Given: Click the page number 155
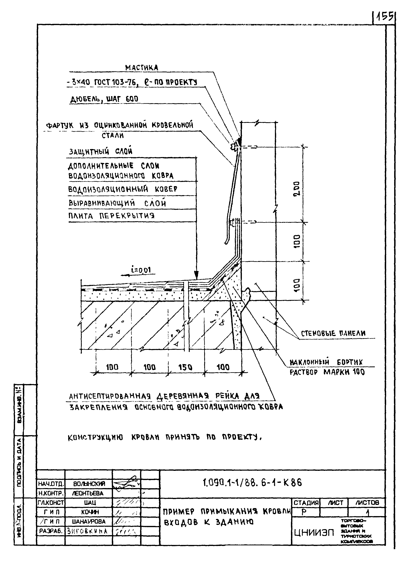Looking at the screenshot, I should click(384, 17).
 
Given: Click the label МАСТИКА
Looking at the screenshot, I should click(142, 68).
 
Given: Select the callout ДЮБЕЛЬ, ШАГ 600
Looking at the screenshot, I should click(104, 99).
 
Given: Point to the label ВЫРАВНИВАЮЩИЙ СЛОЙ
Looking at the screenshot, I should click(117, 203).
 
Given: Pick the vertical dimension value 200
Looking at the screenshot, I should click(297, 188).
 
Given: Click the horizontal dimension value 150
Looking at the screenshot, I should click(186, 367).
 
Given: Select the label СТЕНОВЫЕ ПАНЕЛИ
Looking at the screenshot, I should click(333, 333).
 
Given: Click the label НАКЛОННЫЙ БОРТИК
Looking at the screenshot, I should click(326, 362).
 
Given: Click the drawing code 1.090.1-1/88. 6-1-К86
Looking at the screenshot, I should click(252, 483).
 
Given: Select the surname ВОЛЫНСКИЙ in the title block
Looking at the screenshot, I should click(89, 484).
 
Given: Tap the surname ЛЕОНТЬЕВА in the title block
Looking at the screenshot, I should click(88, 493).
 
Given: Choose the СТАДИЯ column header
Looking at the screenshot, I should click(306, 503).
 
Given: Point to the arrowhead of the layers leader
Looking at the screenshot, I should click(196, 275).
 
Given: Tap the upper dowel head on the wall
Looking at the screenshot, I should click(233, 146).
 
